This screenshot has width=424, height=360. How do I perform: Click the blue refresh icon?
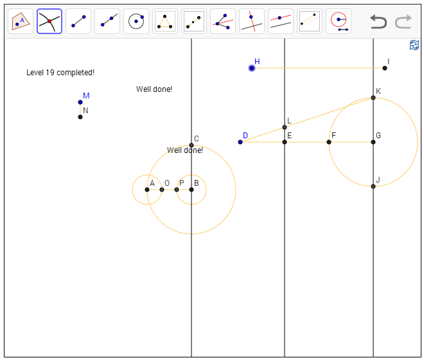[414, 45]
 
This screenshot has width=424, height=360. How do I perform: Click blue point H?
[252, 67]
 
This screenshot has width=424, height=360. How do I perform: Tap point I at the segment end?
[385, 67]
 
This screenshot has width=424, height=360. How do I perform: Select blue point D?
[240, 141]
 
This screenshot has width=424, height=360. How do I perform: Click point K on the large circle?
[373, 98]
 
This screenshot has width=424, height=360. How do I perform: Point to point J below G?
[373, 186]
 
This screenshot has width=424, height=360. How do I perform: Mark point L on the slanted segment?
[285, 127]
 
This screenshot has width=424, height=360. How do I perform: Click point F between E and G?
[329, 141]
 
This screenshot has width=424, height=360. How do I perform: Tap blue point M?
[80, 102]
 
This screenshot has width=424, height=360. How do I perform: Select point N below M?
[80, 116]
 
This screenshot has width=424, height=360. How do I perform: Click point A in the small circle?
[147, 190]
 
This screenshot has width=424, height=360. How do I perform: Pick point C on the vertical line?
[191, 145]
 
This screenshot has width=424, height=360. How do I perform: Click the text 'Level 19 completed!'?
[60, 73]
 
